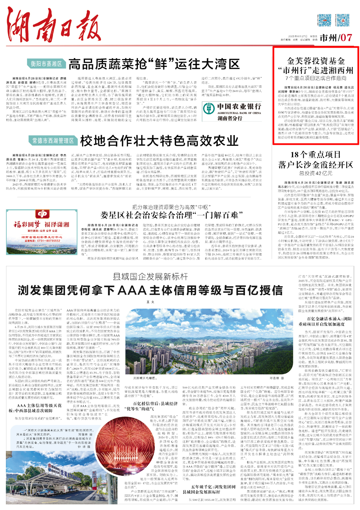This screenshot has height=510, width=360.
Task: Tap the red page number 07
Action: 346,38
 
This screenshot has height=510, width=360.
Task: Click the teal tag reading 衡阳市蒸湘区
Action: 47,64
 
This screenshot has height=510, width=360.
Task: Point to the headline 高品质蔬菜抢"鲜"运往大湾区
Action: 154,64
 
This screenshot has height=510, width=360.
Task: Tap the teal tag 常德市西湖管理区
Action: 53,141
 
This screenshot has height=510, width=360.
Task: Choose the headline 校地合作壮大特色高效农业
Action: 159,141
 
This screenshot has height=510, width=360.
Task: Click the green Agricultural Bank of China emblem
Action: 209,108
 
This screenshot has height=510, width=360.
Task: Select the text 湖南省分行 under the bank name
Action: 230,118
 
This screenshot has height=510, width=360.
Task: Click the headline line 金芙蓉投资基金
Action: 316,61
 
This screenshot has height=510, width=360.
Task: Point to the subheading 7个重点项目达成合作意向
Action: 316,78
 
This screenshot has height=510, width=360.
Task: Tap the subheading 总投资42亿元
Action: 316,173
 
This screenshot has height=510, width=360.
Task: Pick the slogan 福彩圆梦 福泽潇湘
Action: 41,224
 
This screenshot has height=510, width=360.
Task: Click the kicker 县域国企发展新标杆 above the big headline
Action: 150,277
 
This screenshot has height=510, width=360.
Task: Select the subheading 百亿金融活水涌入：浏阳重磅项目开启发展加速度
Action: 325,322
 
